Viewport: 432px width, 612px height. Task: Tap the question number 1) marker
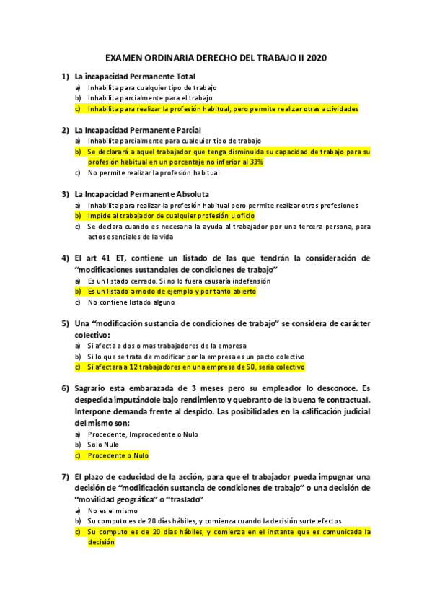pos(66,76)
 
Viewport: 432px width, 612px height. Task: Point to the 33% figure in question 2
pos(256,162)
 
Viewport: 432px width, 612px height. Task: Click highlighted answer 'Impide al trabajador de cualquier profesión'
pos(171,216)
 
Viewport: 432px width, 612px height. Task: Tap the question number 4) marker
pos(66,258)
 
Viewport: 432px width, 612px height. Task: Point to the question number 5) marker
pos(66,323)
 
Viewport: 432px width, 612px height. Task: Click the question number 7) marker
pos(66,476)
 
